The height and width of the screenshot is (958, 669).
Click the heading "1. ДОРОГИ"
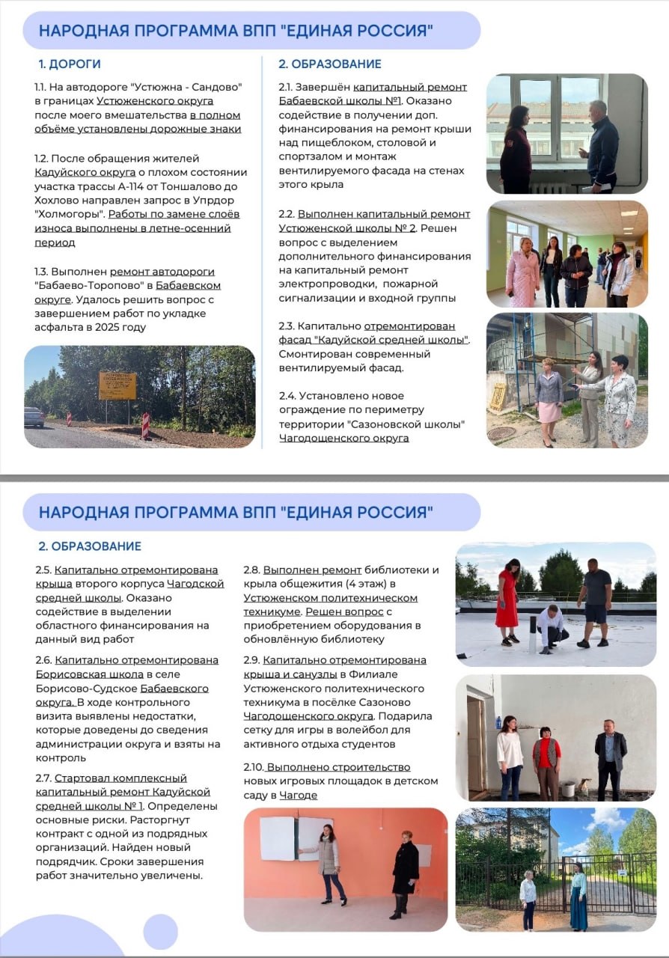pos(70,64)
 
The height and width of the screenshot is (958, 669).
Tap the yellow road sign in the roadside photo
pos(117,385)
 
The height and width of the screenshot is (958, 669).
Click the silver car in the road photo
pos(34,417)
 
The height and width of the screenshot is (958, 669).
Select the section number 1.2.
pos(43,158)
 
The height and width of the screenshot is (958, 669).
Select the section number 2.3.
pos(287,327)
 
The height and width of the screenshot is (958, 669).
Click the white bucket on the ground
pos(568,788)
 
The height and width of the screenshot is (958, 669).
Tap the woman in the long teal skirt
pos(578,899)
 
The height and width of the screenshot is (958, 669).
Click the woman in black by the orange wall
pos(405,872)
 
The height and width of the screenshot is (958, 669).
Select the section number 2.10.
pos(254,767)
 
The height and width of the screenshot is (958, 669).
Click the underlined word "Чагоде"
pos(299,795)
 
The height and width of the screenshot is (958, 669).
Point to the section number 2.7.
pos(43,778)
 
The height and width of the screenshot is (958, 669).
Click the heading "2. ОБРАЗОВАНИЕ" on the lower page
pos(90,546)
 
